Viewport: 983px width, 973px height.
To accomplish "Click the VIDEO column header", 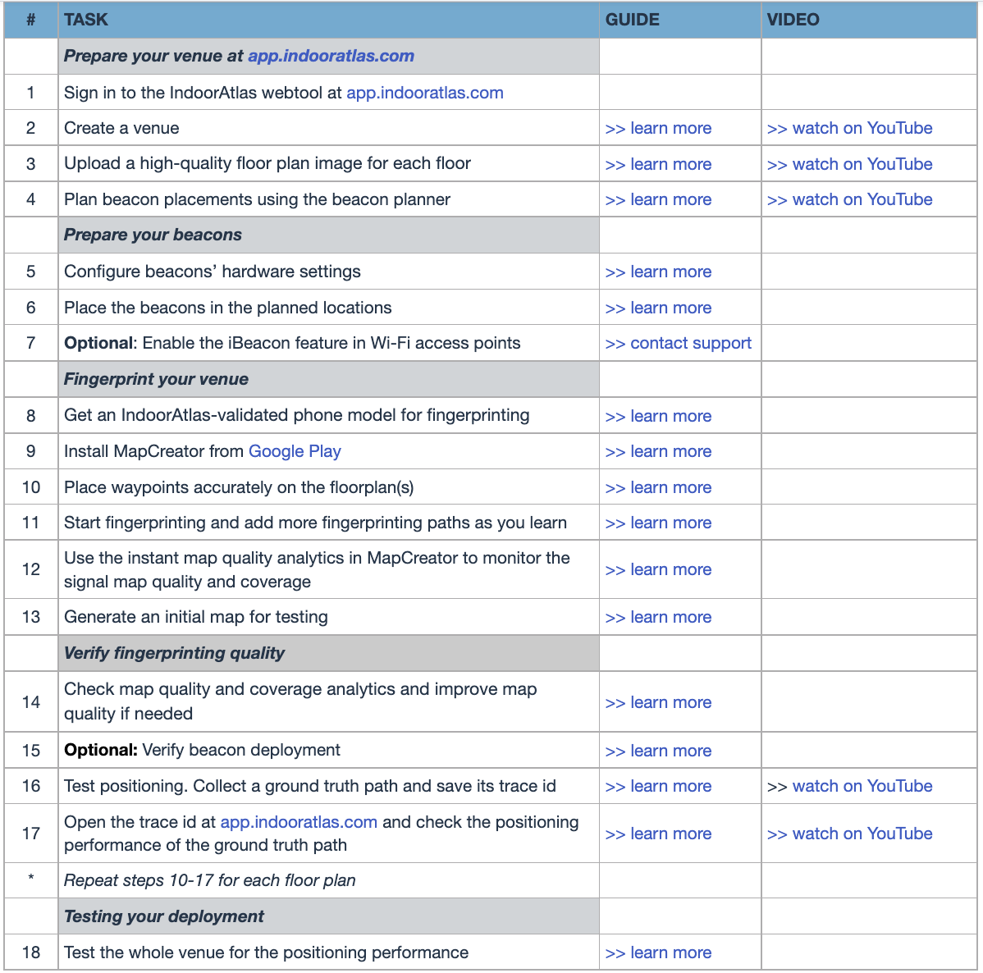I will click(x=793, y=20).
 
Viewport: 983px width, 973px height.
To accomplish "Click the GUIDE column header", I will click(x=632, y=20).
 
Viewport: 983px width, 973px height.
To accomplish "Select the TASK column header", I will click(x=86, y=20).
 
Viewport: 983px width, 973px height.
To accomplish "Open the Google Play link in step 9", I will click(x=295, y=451).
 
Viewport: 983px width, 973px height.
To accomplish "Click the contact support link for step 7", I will click(x=679, y=343).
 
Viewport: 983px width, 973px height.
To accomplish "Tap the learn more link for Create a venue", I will click(x=658, y=128).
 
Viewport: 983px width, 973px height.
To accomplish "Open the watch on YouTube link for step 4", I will click(x=849, y=199).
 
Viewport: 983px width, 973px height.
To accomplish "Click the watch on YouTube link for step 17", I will click(x=849, y=834).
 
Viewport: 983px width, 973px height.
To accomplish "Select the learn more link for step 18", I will click(x=658, y=952).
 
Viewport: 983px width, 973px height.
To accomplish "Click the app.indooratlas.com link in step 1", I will click(x=424, y=93).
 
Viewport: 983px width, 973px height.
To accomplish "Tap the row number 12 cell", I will click(x=31, y=569).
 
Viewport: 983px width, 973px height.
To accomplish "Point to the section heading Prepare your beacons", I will click(x=153, y=235).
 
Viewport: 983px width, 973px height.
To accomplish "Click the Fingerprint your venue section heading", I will click(x=156, y=379).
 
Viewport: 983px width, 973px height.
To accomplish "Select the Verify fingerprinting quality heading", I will click(x=174, y=653).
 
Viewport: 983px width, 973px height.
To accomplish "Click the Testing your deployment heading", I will click(x=164, y=916).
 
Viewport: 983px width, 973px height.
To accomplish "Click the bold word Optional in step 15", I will click(x=100, y=750).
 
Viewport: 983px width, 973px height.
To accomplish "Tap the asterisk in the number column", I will click(x=31, y=878).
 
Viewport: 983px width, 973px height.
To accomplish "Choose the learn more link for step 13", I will click(x=658, y=617).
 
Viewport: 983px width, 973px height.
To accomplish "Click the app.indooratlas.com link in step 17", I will click(x=299, y=822).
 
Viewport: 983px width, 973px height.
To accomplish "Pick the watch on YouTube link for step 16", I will click(x=849, y=786).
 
